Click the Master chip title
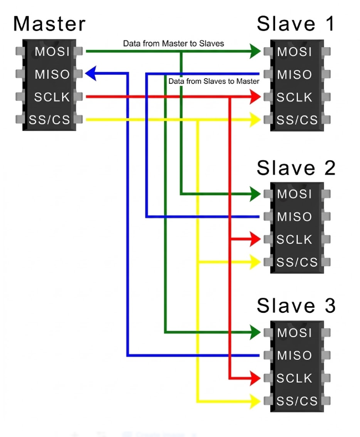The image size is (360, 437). point(49,24)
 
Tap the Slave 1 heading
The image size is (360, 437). point(296,24)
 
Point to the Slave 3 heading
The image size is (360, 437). point(296,306)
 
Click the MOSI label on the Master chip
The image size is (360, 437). point(52,52)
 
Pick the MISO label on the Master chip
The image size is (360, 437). point(52,74)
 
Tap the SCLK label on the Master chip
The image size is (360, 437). point(52,97)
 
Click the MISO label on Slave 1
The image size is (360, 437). point(295,74)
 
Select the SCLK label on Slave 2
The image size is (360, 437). point(295,240)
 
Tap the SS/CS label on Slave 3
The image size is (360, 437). point(297,401)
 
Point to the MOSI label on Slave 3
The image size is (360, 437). point(295,333)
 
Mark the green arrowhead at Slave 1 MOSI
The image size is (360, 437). point(255,52)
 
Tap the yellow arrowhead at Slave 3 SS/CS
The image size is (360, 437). point(255,400)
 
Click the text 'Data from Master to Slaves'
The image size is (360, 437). point(173,43)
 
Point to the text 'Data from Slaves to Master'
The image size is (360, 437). point(214,82)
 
